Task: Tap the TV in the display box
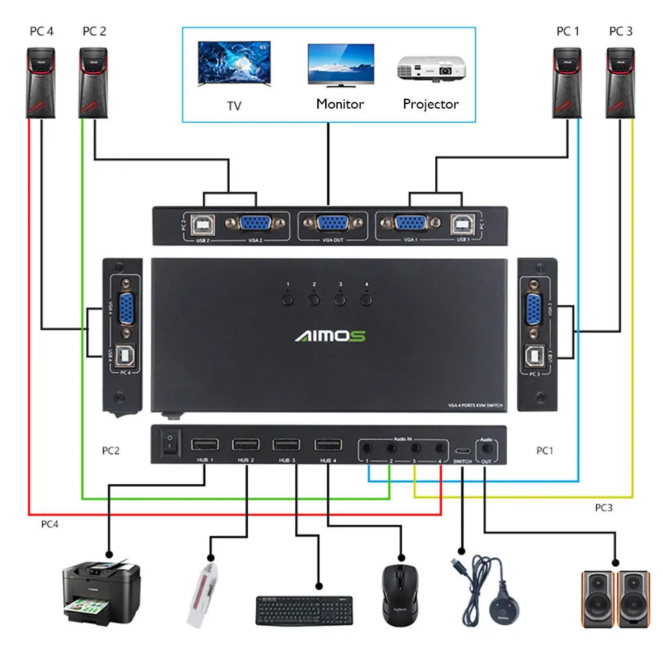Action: tap(233, 64)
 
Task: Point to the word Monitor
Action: tap(340, 103)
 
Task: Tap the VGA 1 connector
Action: tap(409, 223)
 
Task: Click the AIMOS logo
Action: tap(330, 336)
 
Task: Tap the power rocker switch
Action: tap(171, 444)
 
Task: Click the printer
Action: tap(101, 589)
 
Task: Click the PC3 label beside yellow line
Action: tap(603, 508)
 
